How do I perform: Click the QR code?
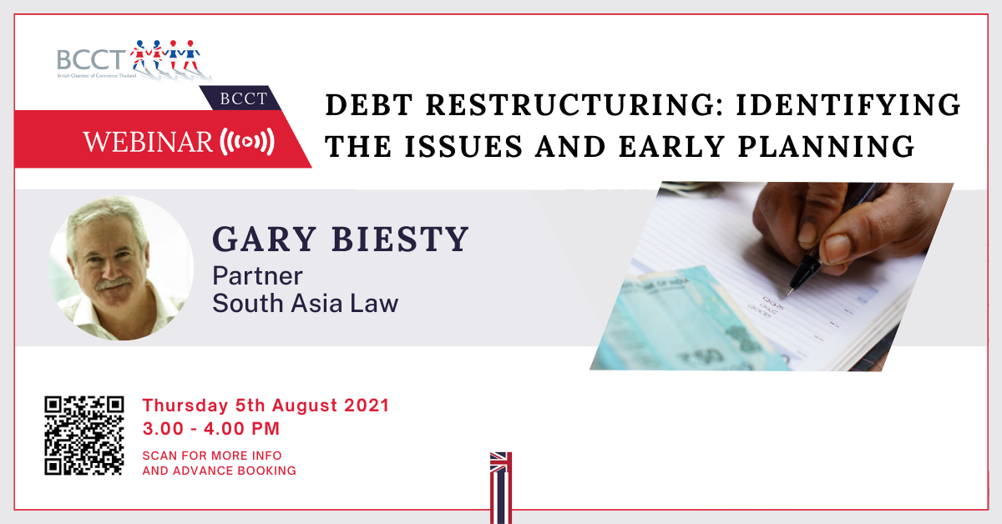point(84,436)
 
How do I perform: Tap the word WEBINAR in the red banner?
point(148,142)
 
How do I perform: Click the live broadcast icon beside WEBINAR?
point(247,142)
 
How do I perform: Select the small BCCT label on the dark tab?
point(243,98)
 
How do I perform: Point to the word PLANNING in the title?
point(826,147)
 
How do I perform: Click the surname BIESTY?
point(400,239)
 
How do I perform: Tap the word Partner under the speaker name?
point(257,276)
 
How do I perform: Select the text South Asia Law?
point(305,303)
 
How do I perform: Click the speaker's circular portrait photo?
point(121,267)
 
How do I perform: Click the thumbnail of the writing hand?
point(772,276)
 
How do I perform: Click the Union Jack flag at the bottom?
point(500,488)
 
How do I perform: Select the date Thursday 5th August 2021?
point(266,406)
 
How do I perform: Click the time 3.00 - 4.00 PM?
point(211,429)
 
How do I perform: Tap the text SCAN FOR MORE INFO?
point(212,456)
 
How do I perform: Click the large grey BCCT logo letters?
point(91,60)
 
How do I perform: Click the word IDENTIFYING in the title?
point(848,104)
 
